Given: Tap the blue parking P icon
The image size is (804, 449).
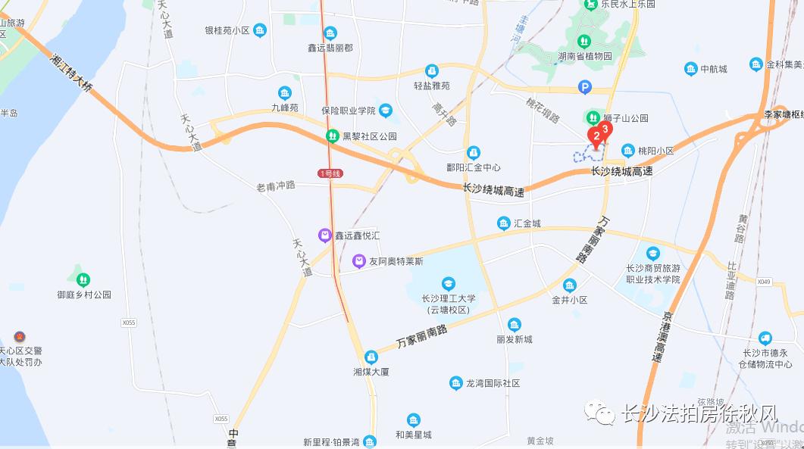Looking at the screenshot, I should [583, 88].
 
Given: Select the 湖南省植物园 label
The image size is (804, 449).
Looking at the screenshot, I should [584, 56].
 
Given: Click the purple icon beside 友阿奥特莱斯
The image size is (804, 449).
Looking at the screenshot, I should [359, 261].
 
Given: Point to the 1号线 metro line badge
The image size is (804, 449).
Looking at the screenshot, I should [330, 173].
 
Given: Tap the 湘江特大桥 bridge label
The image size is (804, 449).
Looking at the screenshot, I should [73, 73].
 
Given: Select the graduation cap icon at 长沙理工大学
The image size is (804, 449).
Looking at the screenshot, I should [449, 283].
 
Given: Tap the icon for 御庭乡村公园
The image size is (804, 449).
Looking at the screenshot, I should [83, 280].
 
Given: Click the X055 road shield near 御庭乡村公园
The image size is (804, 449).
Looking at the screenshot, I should [128, 323].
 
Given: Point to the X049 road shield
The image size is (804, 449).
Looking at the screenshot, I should [763, 282].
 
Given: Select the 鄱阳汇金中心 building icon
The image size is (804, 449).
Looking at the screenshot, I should [474, 152].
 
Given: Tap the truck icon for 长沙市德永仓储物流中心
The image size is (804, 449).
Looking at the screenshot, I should [765, 338].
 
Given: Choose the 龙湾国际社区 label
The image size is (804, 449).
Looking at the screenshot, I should [493, 384].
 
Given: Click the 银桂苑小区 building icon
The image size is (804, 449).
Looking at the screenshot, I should [260, 30].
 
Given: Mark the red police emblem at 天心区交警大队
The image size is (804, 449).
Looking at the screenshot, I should [20, 337].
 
